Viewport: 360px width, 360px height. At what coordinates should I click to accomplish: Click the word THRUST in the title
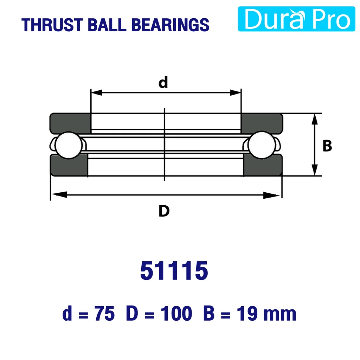pos(52,25)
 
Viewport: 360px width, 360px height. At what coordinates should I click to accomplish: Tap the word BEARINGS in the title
pos(171,25)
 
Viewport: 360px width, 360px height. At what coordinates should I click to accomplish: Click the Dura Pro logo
pos(296,19)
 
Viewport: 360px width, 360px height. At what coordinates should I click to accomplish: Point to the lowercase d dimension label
pos(163,82)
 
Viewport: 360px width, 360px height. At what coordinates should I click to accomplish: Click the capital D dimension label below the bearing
pos(164,211)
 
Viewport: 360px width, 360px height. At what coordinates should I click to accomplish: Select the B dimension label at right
pos(327,146)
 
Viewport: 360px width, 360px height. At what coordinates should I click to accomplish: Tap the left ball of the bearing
pos(69,145)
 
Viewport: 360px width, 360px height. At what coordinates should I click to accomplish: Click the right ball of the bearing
pos(262,145)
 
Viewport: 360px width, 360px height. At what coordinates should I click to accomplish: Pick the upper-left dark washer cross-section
pos(70,123)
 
